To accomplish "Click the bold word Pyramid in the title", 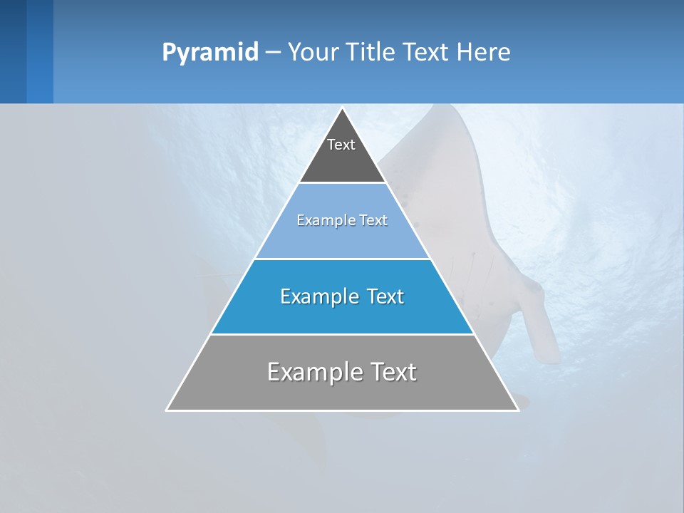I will pyautogui.click(x=209, y=53).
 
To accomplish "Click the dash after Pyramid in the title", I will pyautogui.click(x=273, y=53).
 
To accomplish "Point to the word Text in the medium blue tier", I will pyautogui.click(x=385, y=296).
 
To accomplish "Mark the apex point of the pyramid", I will pyautogui.click(x=342, y=108).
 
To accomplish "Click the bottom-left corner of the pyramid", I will pyautogui.click(x=167, y=410).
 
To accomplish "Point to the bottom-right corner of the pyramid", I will pyautogui.click(x=517, y=410).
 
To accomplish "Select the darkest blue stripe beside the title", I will pyautogui.click(x=13, y=51).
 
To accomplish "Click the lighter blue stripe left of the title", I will pyautogui.click(x=40, y=51).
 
